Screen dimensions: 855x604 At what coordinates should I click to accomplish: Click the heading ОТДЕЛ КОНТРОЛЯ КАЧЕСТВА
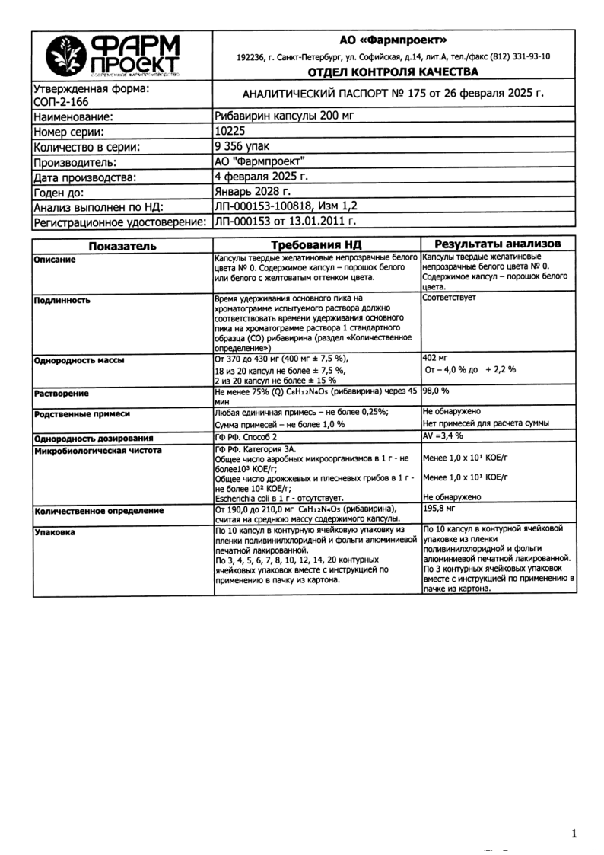393,72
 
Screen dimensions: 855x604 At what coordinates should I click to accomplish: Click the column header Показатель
122,245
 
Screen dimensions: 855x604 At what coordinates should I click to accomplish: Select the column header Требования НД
316,245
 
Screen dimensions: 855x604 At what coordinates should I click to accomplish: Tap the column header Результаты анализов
498,244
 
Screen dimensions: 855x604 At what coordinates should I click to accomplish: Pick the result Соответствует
450,298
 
